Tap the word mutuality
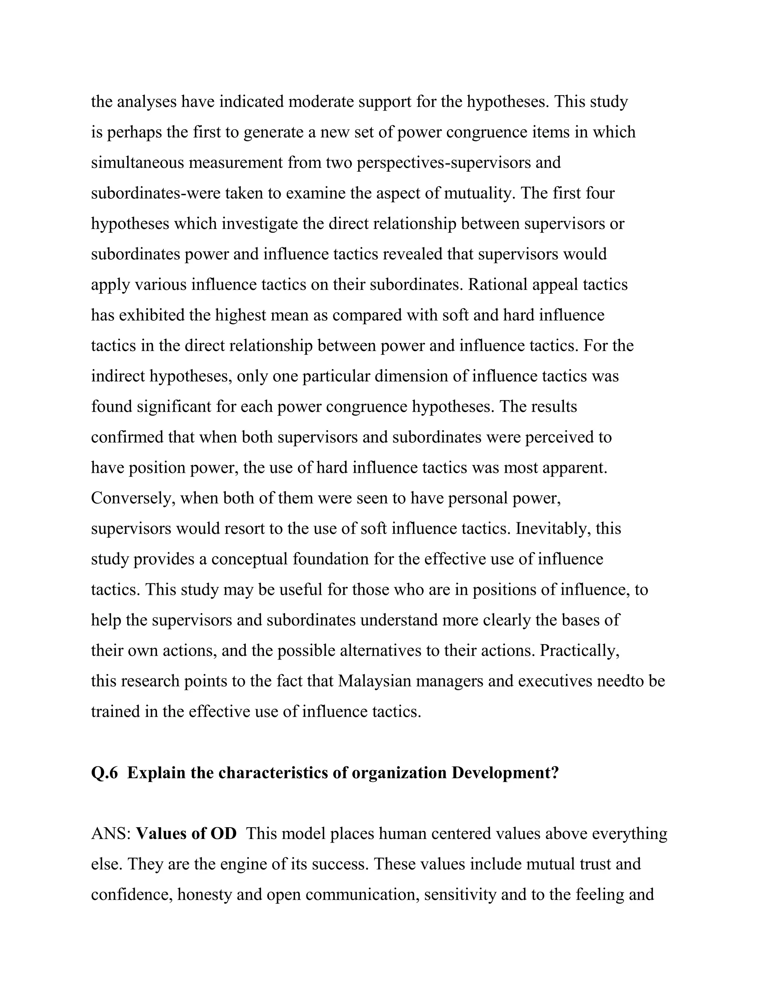click(x=477, y=193)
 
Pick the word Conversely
click(x=133, y=498)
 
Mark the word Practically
click(x=579, y=651)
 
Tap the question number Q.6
click(x=105, y=773)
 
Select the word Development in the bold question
click(x=505, y=773)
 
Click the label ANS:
click(x=111, y=834)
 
